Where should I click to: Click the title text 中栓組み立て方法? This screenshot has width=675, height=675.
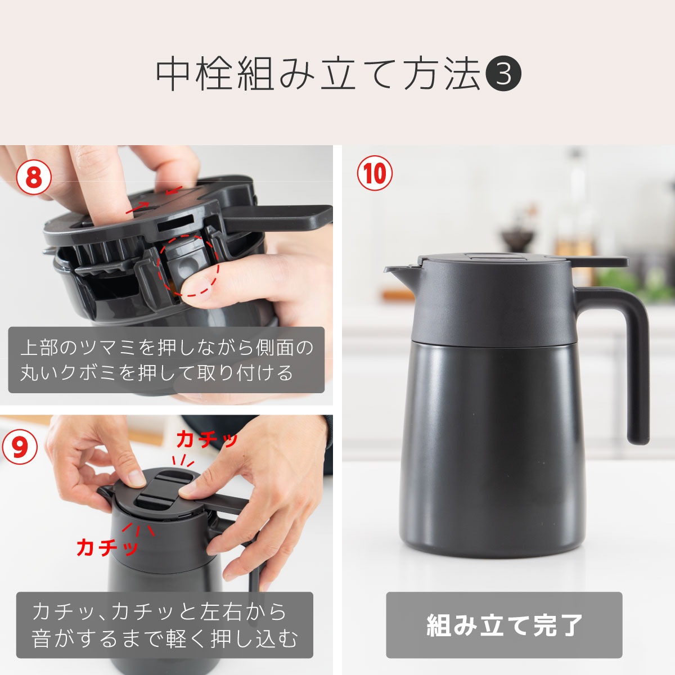[318, 74]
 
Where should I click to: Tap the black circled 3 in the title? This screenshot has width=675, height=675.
[503, 74]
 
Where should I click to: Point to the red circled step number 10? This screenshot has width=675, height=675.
[375, 173]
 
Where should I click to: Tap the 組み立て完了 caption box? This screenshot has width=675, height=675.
[503, 625]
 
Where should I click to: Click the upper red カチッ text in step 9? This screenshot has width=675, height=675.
[207, 439]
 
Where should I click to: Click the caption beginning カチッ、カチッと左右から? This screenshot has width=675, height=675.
[164, 625]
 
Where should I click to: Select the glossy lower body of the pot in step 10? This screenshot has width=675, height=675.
[489, 450]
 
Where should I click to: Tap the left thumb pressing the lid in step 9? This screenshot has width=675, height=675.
[135, 478]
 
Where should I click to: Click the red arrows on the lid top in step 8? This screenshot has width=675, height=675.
[155, 200]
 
